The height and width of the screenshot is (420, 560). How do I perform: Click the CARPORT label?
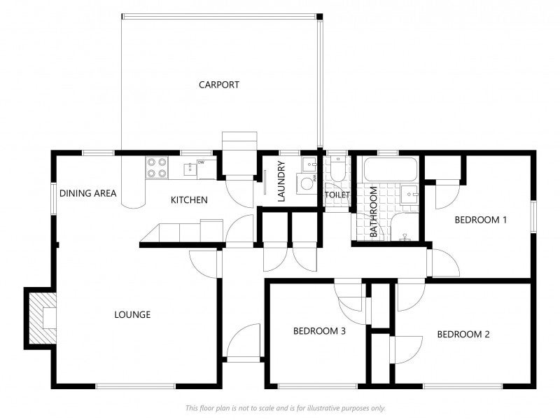point(218,85)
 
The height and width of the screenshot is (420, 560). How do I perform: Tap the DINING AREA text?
point(87,193)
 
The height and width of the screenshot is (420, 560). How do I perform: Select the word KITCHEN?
point(189,200)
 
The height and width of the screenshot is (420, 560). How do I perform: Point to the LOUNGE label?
point(132,314)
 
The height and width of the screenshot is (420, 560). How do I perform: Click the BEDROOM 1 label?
point(480,220)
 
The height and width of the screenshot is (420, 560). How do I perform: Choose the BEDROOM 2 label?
point(463,334)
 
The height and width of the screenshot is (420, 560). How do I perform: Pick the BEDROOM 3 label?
point(319,331)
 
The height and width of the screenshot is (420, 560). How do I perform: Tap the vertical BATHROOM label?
point(374,212)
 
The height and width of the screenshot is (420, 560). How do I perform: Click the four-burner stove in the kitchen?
point(157,167)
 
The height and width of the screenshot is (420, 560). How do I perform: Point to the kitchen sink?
point(190,167)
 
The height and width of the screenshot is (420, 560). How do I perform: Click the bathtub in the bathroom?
point(390,169)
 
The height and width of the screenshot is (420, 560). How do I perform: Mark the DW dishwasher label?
point(201,162)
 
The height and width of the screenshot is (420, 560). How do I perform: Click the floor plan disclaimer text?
point(285,408)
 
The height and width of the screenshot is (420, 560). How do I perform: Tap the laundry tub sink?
point(309,165)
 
